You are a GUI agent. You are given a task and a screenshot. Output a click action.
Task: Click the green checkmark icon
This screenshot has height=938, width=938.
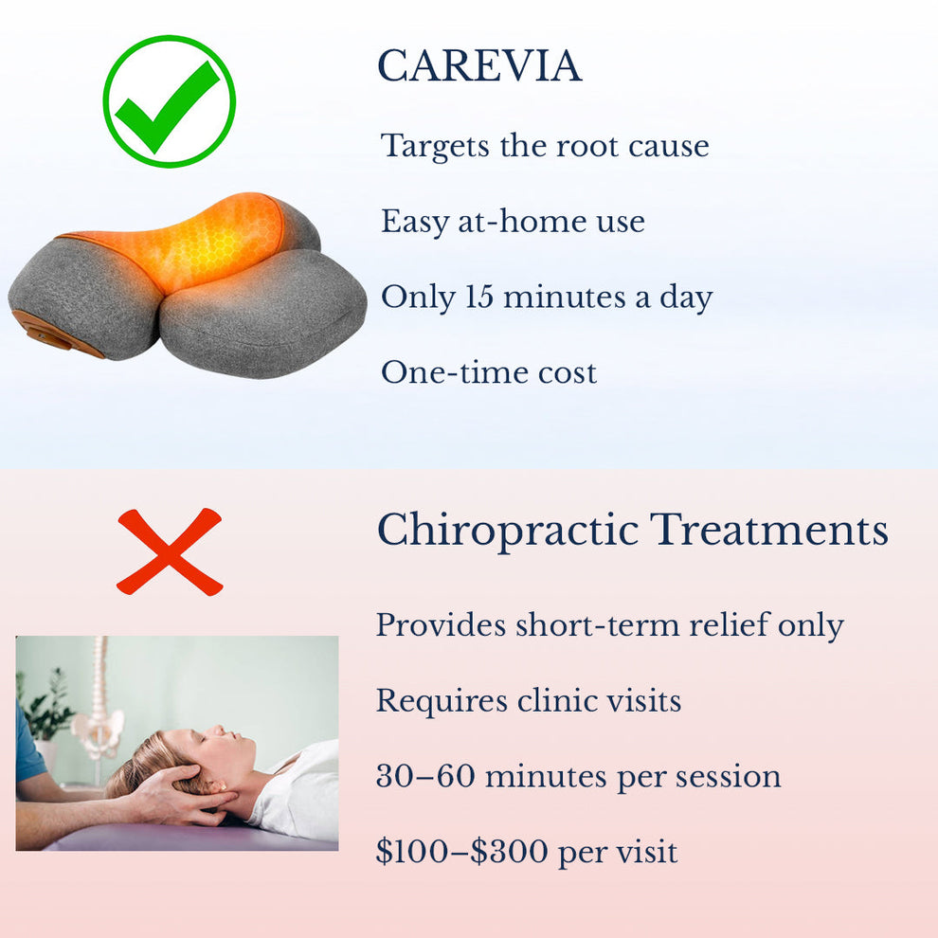click(x=169, y=101)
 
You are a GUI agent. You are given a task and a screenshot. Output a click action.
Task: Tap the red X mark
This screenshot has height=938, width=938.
click(x=170, y=551)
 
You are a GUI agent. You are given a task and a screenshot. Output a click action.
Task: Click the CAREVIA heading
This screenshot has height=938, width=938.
click(x=478, y=66)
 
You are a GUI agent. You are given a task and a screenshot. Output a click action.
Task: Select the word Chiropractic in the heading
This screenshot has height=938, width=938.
click(x=508, y=531)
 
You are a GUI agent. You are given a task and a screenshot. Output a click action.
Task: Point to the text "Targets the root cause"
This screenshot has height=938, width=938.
click(x=545, y=146)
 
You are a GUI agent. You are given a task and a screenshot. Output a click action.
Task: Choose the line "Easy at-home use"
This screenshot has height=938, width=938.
click(x=513, y=222)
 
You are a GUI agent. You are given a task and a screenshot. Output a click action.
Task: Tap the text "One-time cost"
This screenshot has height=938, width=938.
click(x=489, y=372)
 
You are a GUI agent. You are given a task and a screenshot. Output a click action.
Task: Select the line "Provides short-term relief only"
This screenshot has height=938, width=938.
click(x=609, y=625)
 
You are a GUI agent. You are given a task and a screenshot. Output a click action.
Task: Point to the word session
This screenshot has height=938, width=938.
click(x=728, y=777)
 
